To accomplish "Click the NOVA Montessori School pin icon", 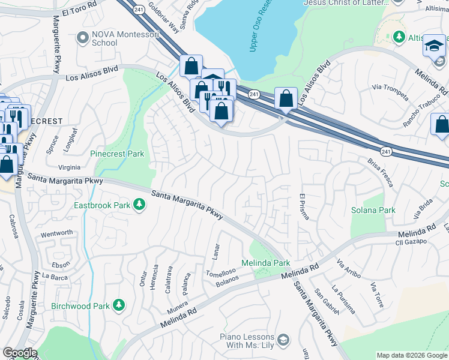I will coord(83,38).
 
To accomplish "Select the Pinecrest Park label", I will coord(117,154).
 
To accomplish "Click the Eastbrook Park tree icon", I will coord(139,205).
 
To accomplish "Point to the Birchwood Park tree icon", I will coord(119,306).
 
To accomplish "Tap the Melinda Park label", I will coord(265,263).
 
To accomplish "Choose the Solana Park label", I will coord(373,210).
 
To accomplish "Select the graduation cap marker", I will coord(433,46).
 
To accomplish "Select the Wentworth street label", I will coord(56,233).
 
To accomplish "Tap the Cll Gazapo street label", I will coord(411,241).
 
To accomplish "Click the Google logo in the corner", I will coord(20,353).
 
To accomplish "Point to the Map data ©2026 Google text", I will coord(411,355).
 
